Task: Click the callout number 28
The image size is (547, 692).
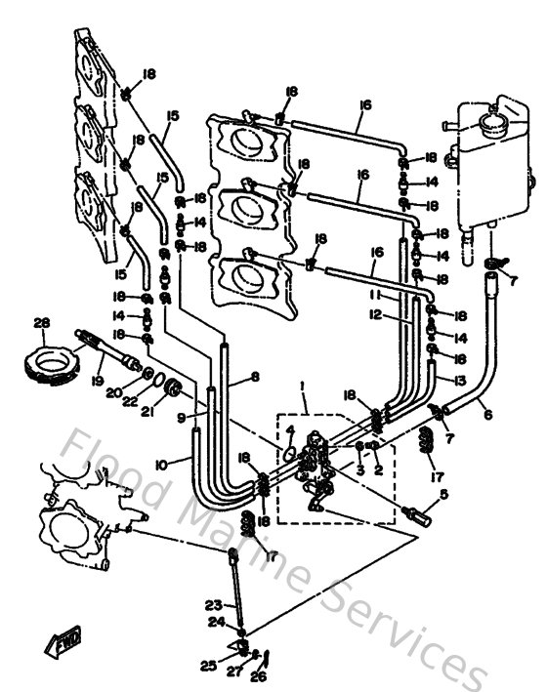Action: point(40,323)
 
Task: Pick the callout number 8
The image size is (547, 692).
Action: point(255,376)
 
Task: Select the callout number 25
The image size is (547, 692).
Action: point(207,666)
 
